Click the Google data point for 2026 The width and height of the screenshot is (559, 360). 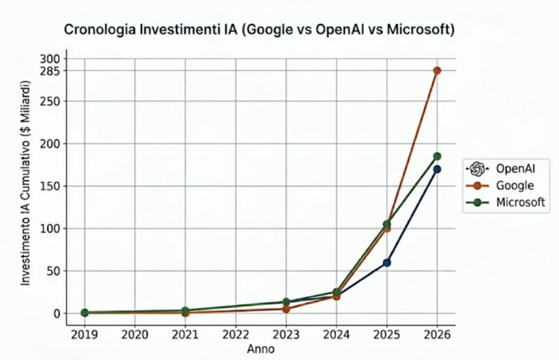(437, 70)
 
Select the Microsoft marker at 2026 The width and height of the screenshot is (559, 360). (437, 157)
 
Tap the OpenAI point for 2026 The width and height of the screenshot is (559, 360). (437, 169)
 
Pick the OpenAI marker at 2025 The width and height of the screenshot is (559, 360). (386, 262)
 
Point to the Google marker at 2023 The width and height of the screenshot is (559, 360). (286, 309)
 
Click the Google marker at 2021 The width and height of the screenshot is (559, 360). (185, 313)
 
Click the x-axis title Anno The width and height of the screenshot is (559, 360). (260, 348)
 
